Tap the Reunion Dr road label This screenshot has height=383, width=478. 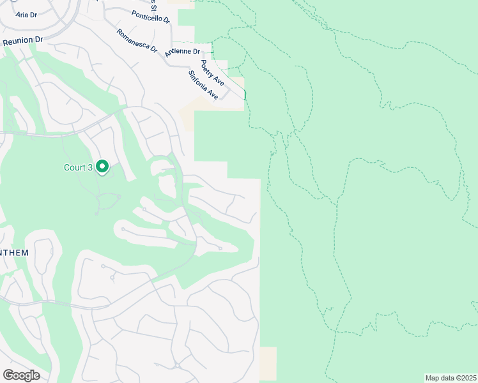pyautogui.click(x=22, y=40)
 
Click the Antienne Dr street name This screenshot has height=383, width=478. pyautogui.click(x=182, y=52)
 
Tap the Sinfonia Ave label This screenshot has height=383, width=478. pyautogui.click(x=203, y=84)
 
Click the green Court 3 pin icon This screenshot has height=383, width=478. pyautogui.click(x=102, y=166)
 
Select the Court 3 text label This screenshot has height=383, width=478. pyautogui.click(x=78, y=168)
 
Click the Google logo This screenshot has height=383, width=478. pyautogui.click(x=21, y=375)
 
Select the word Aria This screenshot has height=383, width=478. pyautogui.click(x=22, y=14)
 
